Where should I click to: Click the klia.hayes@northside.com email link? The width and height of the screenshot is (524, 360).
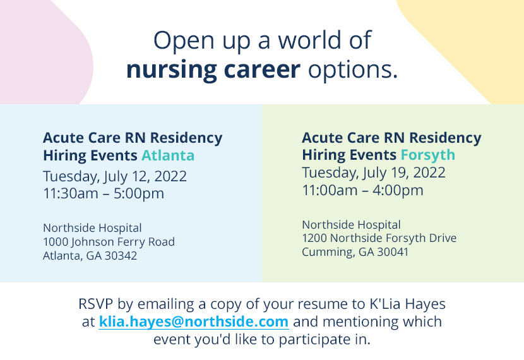194,321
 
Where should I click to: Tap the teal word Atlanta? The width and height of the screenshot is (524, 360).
168,155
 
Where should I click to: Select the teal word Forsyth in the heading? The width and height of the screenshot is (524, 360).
427,155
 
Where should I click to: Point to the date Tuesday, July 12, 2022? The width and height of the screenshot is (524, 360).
115,176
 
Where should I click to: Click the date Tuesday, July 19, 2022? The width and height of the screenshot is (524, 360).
374,172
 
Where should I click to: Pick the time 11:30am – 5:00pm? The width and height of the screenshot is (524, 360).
104,193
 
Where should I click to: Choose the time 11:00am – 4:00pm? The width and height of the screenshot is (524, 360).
362,190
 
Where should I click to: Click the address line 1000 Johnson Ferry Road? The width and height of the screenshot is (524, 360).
109,242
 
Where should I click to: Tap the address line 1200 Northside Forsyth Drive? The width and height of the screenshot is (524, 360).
379,238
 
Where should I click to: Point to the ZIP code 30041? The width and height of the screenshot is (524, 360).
391,252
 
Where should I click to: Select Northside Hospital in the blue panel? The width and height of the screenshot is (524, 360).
92,228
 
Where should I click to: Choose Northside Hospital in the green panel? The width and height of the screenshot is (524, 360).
351,224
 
